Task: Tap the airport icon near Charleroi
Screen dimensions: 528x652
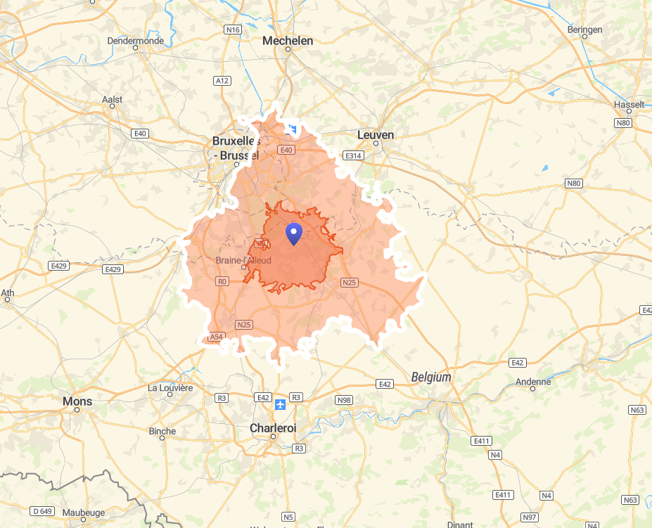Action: click(x=280, y=404)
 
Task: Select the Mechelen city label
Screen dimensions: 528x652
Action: click(x=288, y=41)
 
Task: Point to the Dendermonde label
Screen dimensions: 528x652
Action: click(x=135, y=41)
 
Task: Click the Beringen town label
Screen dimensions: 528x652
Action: click(x=584, y=30)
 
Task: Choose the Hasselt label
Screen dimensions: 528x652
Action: click(x=629, y=105)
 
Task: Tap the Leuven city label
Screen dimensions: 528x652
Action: click(x=376, y=135)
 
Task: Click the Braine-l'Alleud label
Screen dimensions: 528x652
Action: click(x=243, y=260)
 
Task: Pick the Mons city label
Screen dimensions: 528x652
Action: click(x=77, y=401)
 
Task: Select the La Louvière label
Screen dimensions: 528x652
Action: click(x=170, y=387)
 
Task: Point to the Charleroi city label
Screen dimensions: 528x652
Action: click(x=273, y=427)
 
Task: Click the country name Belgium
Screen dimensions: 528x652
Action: click(x=431, y=378)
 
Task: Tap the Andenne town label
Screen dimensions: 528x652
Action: click(x=533, y=382)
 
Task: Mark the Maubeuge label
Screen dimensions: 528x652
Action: click(x=83, y=513)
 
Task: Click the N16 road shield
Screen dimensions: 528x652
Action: click(x=233, y=30)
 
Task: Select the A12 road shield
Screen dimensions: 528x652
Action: click(x=222, y=81)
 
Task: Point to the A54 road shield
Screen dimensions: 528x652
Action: click(x=216, y=337)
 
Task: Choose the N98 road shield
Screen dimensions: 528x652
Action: click(x=344, y=400)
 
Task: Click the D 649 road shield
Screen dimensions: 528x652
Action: click(x=42, y=510)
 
